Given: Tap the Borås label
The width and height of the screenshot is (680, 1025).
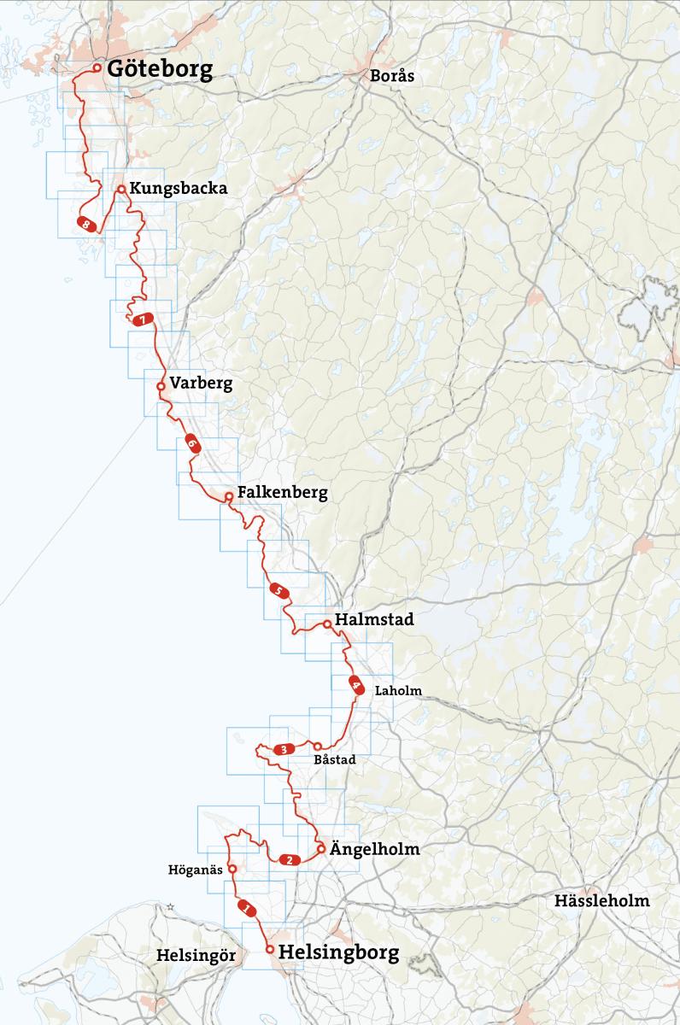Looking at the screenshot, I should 392,76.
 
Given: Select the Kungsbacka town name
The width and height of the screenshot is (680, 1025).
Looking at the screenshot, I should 178,189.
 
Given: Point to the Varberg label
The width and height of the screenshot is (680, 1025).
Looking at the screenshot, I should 201,384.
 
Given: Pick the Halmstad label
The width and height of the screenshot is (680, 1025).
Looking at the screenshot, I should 374,620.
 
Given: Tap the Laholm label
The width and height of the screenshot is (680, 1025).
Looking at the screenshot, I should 398,691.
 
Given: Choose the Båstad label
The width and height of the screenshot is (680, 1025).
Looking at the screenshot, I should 334,758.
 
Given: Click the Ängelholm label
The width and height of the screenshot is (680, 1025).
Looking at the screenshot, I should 369,850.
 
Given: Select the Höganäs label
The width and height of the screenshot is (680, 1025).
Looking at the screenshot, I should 196,870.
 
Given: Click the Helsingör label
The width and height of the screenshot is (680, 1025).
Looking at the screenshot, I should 196,956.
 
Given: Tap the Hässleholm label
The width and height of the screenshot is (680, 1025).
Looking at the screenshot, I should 601,900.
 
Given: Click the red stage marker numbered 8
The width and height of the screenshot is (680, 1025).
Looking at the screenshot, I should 86,224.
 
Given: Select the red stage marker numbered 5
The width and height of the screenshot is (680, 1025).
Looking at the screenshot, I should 278,590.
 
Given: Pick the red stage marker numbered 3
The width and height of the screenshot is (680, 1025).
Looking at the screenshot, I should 282,750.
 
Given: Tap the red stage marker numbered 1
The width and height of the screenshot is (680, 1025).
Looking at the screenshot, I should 247,909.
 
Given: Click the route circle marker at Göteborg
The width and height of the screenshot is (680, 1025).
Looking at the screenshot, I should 97,67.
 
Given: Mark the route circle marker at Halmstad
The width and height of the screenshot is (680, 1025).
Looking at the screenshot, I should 327,624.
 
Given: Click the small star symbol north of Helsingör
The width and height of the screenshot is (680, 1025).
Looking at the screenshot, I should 171,905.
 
